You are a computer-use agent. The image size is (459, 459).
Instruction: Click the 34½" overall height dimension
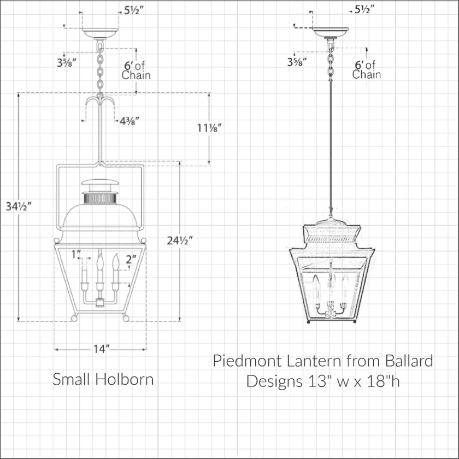click(x=19, y=207)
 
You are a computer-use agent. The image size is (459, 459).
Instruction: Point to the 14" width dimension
click(x=101, y=348)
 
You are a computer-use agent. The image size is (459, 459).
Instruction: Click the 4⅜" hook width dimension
click(x=133, y=121)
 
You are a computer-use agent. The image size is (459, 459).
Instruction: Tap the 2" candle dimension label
click(x=130, y=260)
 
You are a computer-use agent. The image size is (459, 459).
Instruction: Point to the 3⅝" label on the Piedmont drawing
click(x=297, y=61)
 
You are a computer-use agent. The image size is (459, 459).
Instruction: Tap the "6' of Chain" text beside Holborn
click(x=136, y=70)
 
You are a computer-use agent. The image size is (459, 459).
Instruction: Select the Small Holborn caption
click(x=103, y=379)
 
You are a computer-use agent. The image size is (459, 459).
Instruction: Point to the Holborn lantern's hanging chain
click(x=100, y=68)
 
